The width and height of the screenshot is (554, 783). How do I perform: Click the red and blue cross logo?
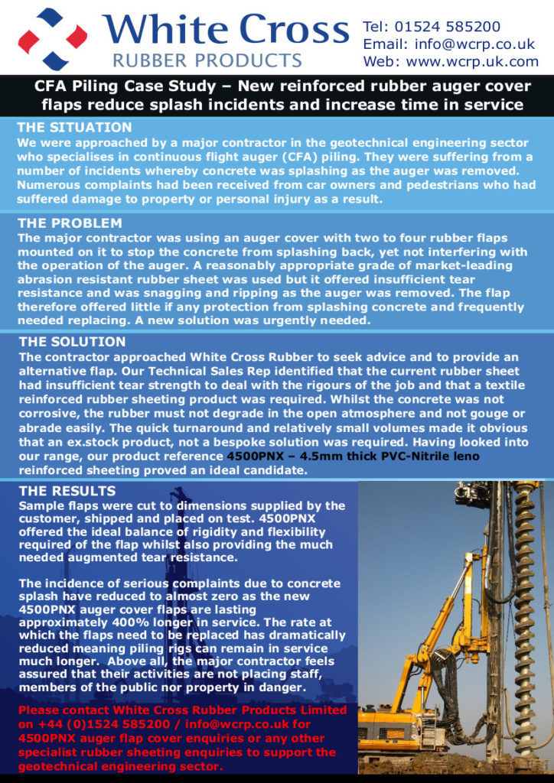(x=52, y=38)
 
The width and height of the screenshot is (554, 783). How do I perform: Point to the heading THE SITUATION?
(x=74, y=128)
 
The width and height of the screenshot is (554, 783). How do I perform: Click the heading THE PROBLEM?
(x=70, y=223)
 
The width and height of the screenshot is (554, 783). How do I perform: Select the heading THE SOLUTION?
(x=72, y=342)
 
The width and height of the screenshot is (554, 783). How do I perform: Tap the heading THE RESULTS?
(x=67, y=491)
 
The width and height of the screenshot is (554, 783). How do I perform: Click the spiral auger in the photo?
(x=523, y=604)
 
